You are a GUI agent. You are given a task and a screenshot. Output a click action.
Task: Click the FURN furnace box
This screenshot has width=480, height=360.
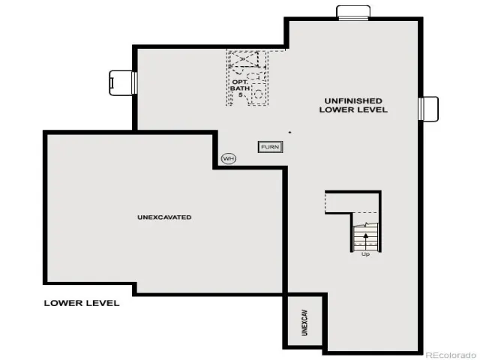click(270, 147)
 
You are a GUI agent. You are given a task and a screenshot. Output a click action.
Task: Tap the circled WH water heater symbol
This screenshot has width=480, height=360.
click(229, 158)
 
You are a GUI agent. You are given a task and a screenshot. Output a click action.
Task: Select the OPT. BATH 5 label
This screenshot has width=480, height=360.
click(240, 88)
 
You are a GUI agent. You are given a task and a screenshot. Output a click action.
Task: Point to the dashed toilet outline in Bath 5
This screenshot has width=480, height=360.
click(253, 75)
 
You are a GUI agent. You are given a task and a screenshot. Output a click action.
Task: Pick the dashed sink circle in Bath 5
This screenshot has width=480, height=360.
click(259, 93)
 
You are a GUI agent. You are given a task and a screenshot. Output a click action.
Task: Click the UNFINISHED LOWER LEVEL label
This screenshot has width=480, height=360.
click(353, 105)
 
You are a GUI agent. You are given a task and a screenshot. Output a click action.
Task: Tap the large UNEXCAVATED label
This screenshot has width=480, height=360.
click(164, 217)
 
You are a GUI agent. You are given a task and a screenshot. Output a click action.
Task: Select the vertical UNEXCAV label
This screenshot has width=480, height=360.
click(304, 322)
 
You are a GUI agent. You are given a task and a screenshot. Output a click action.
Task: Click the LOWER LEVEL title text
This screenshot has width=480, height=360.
click(82, 303)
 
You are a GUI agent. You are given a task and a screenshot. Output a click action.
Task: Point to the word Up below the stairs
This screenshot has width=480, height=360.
click(365, 254)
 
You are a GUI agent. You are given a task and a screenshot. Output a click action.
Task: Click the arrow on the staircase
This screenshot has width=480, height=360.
click(365, 241)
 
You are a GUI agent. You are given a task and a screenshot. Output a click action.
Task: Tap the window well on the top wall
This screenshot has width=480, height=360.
click(353, 13)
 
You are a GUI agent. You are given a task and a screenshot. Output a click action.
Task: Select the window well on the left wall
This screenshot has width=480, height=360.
click(123, 82)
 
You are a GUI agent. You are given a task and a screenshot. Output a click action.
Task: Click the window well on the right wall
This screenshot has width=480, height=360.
click(428, 109)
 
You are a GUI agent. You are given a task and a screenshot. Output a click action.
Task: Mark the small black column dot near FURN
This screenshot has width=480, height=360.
click(289, 133)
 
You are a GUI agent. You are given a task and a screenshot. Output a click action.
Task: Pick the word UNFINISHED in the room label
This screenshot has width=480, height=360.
click(353, 101)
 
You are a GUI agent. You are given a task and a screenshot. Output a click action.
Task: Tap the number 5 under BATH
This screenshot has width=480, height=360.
click(241, 95)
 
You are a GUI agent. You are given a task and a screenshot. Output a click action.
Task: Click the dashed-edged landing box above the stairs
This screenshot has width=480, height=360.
click(352, 202)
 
